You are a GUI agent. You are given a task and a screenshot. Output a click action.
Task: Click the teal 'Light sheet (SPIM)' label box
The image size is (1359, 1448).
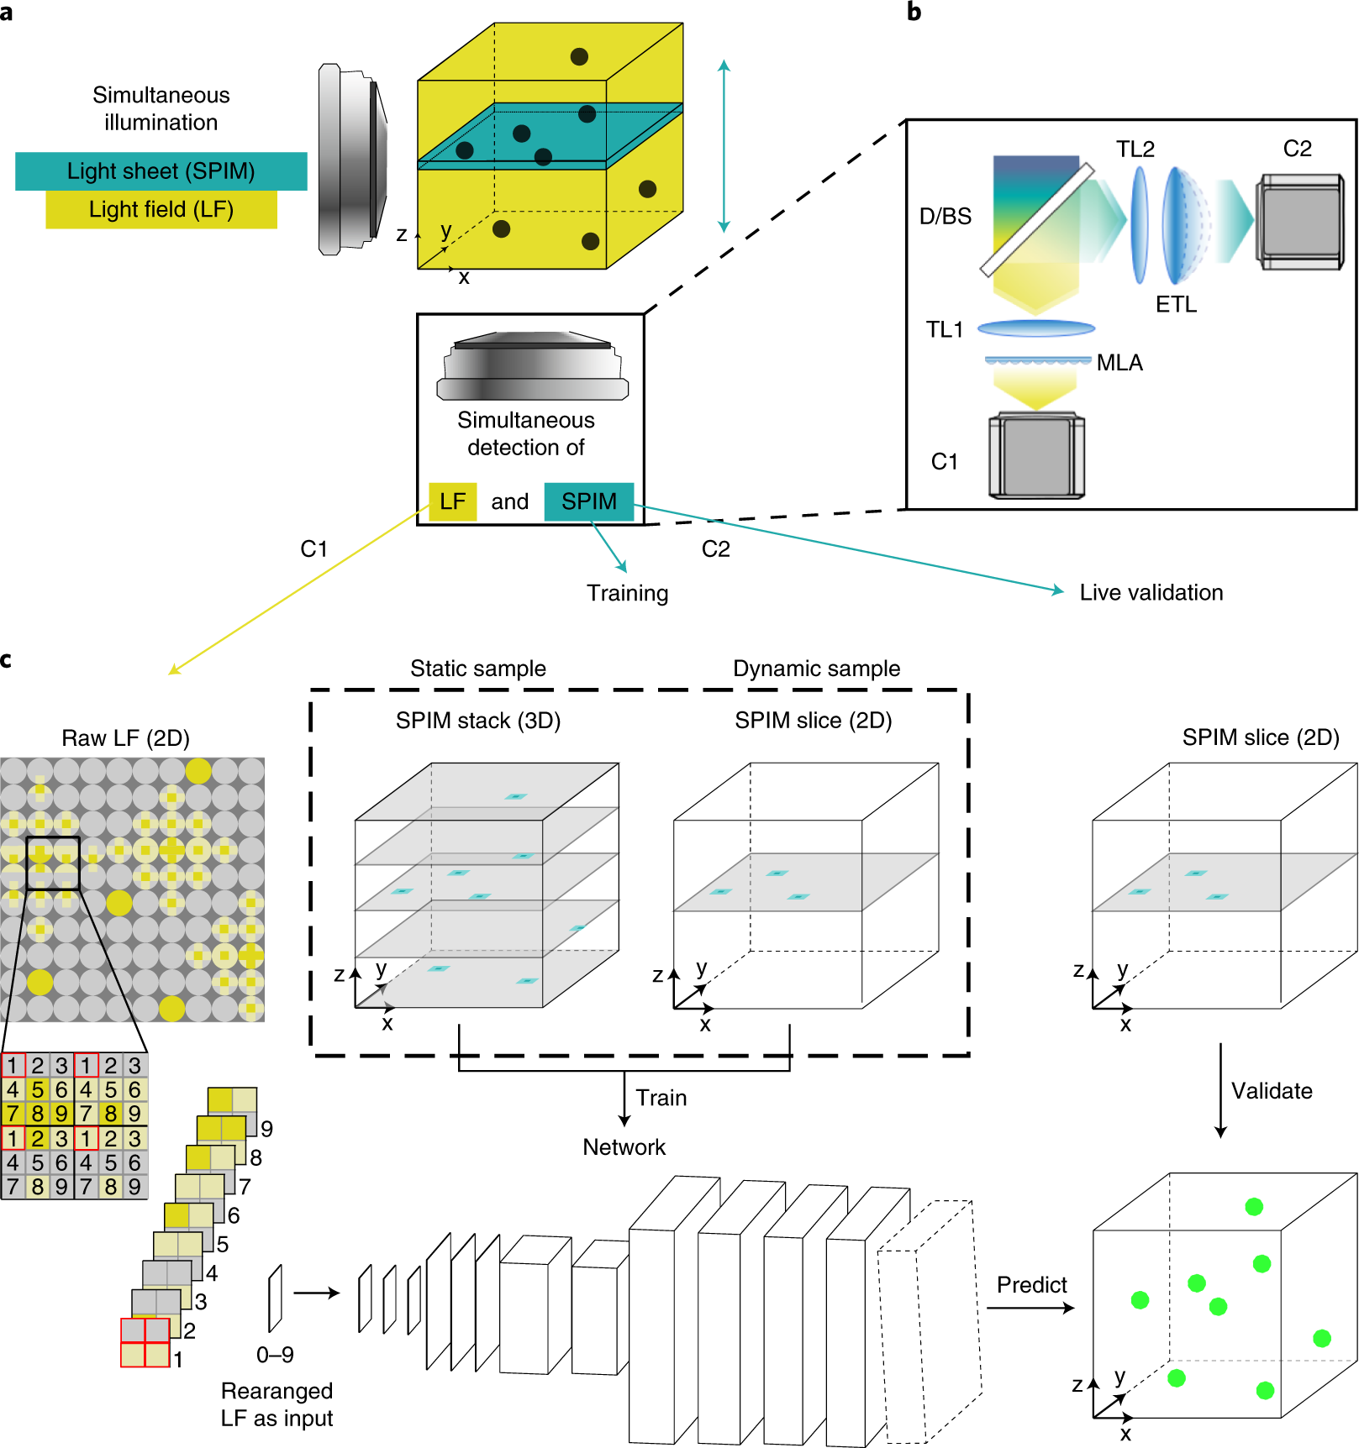pos(161,171)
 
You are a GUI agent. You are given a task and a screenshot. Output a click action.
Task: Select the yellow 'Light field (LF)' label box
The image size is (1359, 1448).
pos(161,210)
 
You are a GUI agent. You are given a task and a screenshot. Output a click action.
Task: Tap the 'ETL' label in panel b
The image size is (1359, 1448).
pos(1176,305)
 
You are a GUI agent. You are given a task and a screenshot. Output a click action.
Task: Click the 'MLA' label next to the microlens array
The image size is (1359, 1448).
pos(1119,363)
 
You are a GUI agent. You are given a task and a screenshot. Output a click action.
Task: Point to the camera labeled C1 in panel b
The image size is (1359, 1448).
pos(1036,455)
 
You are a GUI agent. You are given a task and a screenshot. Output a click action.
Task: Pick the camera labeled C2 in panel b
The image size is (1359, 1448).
pos(1299,222)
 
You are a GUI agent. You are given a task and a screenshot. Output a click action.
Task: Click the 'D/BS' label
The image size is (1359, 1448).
pos(945,217)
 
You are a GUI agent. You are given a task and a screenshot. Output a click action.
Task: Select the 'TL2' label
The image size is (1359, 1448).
pos(1135,150)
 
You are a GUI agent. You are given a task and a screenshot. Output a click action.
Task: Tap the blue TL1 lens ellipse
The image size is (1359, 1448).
pos(1036,328)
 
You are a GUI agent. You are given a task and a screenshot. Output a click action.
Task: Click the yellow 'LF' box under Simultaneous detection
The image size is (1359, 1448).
pos(452,501)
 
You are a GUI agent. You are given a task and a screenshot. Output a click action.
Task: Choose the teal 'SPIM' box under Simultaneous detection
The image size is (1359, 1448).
pos(588,501)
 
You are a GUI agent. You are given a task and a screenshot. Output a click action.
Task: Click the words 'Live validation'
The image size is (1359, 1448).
pos(1151,593)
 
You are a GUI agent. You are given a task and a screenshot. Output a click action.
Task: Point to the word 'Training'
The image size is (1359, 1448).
pos(627,594)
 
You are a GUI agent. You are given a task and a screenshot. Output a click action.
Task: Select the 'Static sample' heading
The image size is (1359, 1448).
pos(477,669)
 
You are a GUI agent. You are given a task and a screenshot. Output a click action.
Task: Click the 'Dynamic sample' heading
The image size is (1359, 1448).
pos(816,669)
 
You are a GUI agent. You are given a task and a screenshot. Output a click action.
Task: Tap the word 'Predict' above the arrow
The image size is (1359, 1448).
pos(1031,1285)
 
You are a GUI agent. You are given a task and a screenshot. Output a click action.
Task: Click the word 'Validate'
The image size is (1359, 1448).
pos(1272,1091)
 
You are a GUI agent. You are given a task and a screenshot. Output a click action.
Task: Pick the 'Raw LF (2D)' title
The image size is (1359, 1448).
pos(125,738)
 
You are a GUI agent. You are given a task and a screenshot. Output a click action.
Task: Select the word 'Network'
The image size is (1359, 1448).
pos(624,1147)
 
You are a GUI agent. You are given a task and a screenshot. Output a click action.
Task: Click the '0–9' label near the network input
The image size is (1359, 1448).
pos(275,1355)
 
